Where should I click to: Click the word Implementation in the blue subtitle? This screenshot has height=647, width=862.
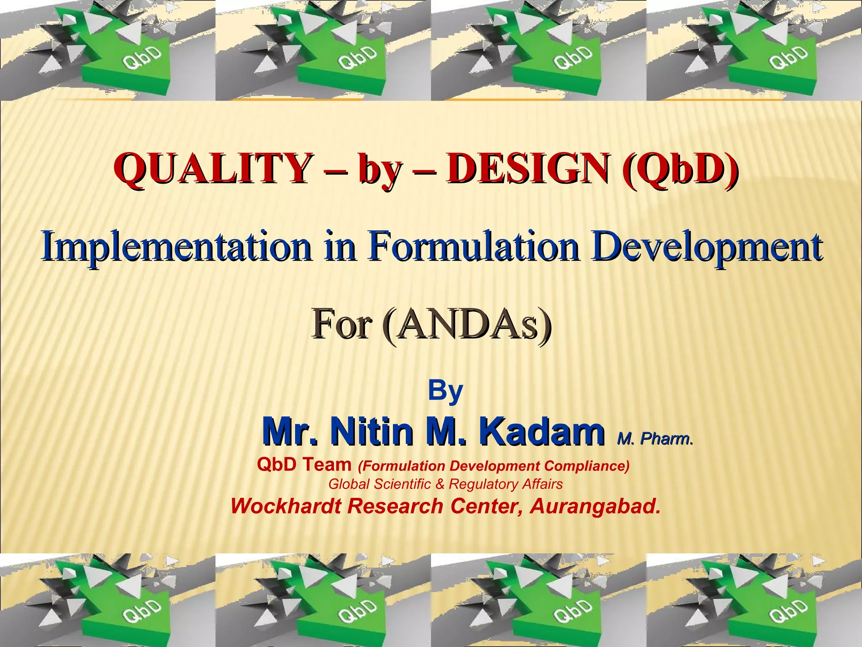[177, 246]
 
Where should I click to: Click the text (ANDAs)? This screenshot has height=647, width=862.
[467, 325]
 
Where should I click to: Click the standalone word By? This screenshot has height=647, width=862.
[445, 391]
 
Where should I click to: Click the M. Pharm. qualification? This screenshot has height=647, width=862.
[655, 439]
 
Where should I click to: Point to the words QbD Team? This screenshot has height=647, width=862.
[304, 465]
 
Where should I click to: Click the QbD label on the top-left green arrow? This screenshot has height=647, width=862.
[142, 59]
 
